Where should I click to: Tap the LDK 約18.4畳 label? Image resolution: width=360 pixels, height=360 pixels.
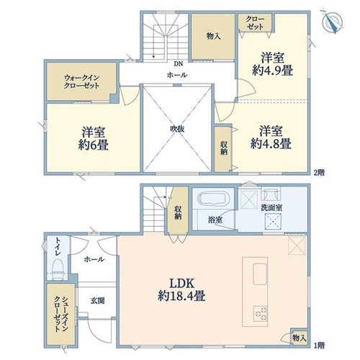181,289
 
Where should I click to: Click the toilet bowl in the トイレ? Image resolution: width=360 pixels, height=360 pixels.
58,269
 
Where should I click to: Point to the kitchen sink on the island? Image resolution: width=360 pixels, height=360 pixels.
260,274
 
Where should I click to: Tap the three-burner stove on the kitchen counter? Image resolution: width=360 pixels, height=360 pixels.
261,313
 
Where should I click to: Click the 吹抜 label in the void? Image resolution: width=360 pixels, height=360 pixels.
177,129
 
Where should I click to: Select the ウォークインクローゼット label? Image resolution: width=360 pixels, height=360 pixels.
81,81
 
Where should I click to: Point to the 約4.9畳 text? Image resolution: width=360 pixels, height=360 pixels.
272,71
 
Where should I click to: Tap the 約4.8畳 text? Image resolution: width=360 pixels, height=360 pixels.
271,144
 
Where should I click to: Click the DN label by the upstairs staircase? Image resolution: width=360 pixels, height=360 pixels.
179,64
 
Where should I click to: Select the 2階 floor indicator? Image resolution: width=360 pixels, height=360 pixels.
319,172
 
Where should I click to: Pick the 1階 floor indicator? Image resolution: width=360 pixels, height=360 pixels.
319,346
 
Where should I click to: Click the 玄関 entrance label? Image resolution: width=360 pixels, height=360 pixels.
98,300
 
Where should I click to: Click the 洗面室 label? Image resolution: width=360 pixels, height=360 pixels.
271,208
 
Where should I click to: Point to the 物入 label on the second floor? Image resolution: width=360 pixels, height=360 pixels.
213,36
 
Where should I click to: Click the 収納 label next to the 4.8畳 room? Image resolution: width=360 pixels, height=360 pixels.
224,148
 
